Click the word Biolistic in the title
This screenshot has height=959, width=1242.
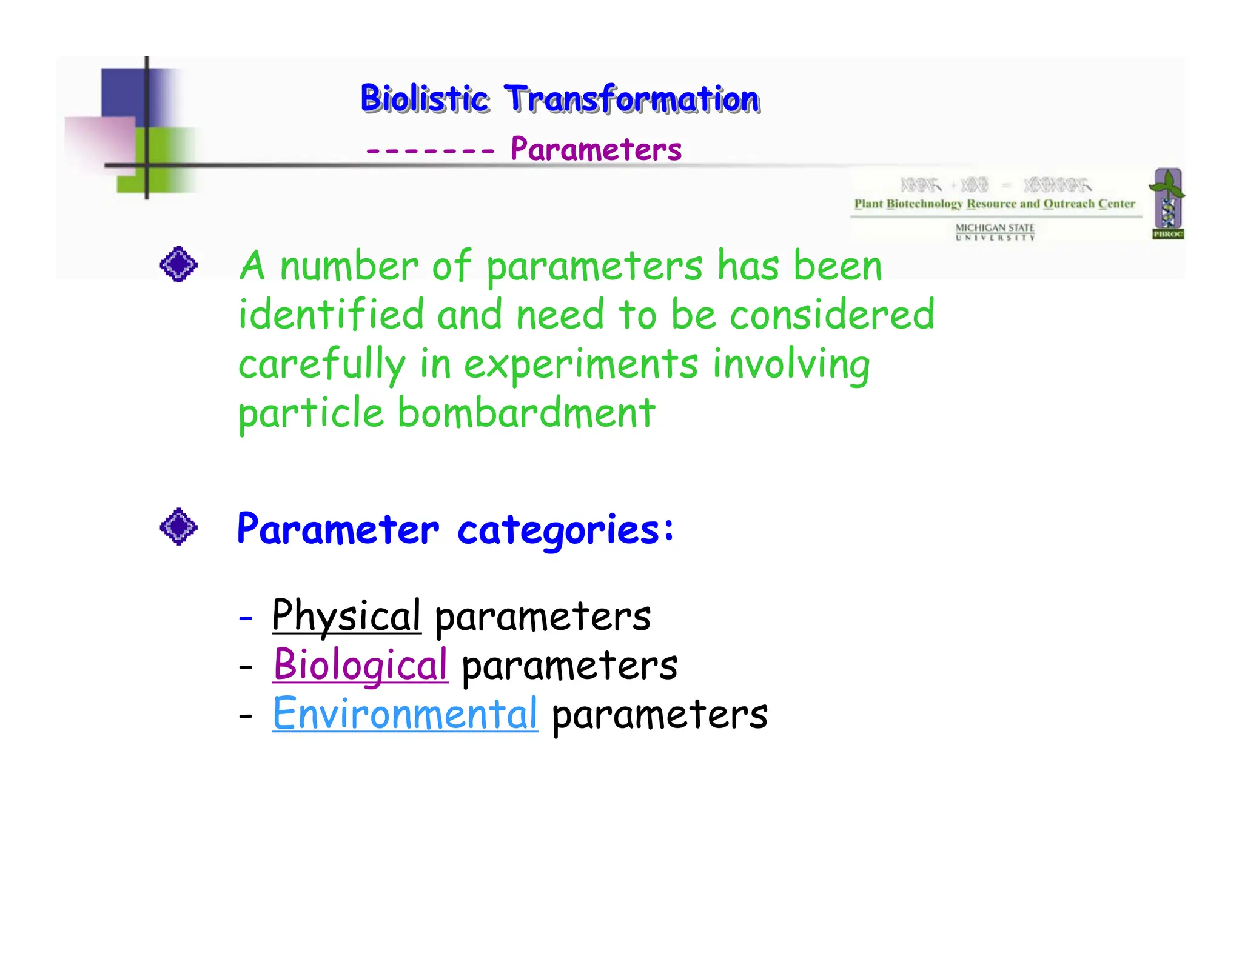(x=424, y=99)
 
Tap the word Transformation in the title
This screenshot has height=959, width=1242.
(x=631, y=99)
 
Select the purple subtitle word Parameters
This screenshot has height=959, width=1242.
(x=596, y=149)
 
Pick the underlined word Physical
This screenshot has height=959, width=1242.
(x=346, y=616)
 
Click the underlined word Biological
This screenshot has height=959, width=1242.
(x=360, y=665)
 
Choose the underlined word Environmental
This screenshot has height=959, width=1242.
(x=405, y=714)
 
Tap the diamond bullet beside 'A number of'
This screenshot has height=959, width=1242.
(x=178, y=264)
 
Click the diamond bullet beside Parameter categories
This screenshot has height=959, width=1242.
(x=178, y=526)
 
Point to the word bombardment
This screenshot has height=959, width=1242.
(x=526, y=413)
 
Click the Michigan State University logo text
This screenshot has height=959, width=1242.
(x=995, y=232)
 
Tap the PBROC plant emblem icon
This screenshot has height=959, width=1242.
(x=1167, y=203)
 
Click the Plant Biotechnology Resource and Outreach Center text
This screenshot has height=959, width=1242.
(x=995, y=204)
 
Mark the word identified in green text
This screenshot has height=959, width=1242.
(x=331, y=315)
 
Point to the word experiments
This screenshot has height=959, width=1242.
(x=580, y=364)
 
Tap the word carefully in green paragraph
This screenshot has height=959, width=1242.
(x=321, y=364)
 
